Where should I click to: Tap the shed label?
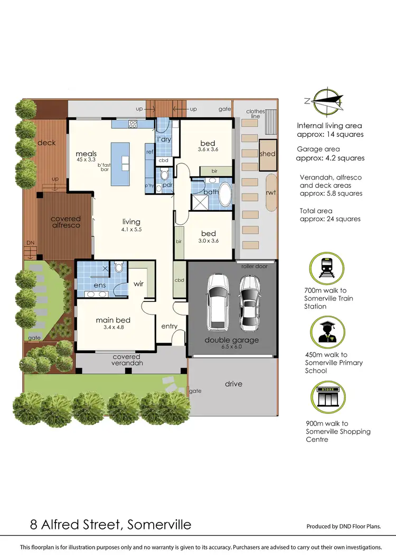(267, 154)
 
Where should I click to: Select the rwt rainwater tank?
(271, 193)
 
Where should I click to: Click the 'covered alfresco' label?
(65, 222)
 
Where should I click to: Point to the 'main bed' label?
(112, 320)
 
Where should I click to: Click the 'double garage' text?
(232, 340)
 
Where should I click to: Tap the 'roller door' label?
(254, 266)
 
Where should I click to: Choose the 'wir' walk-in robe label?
(138, 284)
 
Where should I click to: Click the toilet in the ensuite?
(119, 268)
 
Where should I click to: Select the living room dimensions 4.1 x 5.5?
(131, 230)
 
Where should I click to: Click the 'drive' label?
(233, 384)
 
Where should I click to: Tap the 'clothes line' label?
(255, 113)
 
